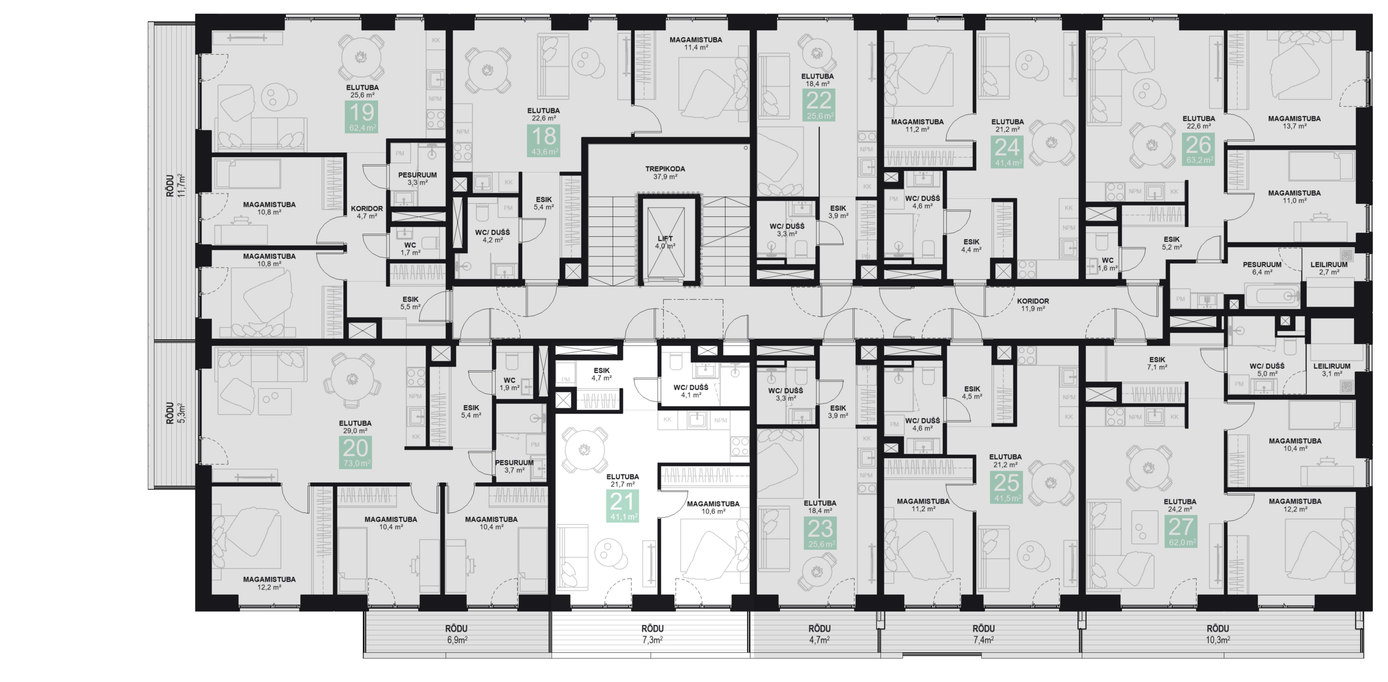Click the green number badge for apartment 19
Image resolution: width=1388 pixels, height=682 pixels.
pyautogui.click(x=362, y=117)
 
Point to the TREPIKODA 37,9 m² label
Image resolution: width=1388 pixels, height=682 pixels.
pyautogui.click(x=665, y=172)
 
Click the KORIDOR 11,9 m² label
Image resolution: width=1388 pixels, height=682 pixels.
pyautogui.click(x=1033, y=304)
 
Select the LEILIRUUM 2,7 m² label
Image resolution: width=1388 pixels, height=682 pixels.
pyautogui.click(x=1329, y=268)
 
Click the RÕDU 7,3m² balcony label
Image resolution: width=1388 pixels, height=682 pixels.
pyautogui.click(x=653, y=634)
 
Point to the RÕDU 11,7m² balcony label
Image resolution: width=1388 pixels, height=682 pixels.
pyautogui.click(x=176, y=185)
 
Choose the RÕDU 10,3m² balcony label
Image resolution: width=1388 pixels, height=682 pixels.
pyautogui.click(x=1218, y=634)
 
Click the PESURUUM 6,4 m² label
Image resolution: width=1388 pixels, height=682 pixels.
pyautogui.click(x=1262, y=268)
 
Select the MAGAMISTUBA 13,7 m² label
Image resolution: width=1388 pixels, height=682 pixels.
pyautogui.click(x=1294, y=122)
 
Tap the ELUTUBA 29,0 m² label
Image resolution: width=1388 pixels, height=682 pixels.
pyautogui.click(x=355, y=427)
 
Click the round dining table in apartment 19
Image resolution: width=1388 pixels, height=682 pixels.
pyautogui.click(x=361, y=57)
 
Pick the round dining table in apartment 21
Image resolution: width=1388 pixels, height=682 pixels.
pyautogui.click(x=584, y=449)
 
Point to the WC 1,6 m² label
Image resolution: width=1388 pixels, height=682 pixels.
pyautogui.click(x=1108, y=264)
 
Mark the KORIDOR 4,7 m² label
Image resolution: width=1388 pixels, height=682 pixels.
pyautogui.click(x=367, y=212)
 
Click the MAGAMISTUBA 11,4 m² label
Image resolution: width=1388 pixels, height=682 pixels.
pyautogui.click(x=696, y=43)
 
